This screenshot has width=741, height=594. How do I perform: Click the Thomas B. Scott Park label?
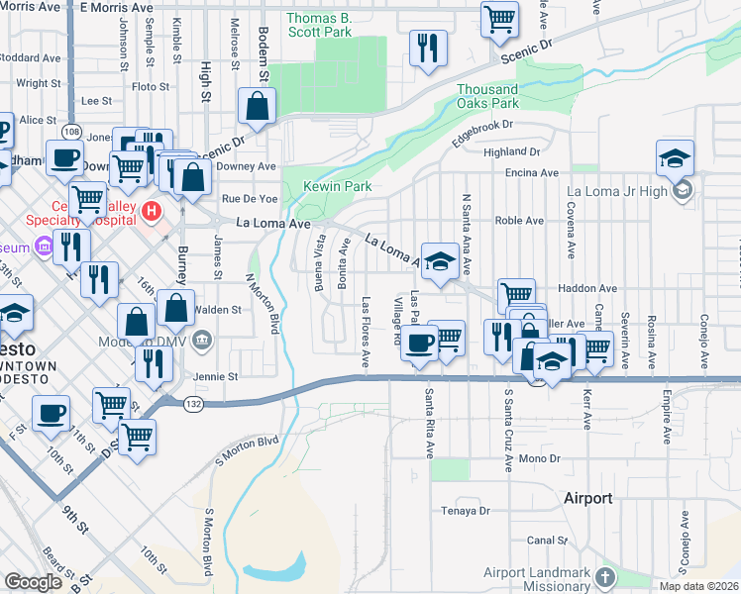[319, 25]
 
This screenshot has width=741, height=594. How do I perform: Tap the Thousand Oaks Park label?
[487, 96]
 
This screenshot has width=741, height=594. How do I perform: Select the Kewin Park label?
[337, 186]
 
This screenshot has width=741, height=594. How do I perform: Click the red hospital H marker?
[152, 210]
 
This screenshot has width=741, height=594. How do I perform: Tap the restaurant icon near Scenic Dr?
[428, 47]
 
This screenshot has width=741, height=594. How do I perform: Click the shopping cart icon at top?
[500, 17]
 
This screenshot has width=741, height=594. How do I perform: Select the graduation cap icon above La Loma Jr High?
[675, 156]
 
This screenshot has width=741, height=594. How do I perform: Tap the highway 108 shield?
[70, 131]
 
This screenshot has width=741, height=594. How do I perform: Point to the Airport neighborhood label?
[587, 498]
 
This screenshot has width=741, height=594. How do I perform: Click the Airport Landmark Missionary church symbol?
[606, 576]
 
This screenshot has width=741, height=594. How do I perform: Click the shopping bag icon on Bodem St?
[257, 107]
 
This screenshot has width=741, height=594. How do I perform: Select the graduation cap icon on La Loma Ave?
[440, 260]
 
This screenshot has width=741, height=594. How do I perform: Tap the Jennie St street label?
[217, 377]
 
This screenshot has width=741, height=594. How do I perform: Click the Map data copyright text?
[697, 586]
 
